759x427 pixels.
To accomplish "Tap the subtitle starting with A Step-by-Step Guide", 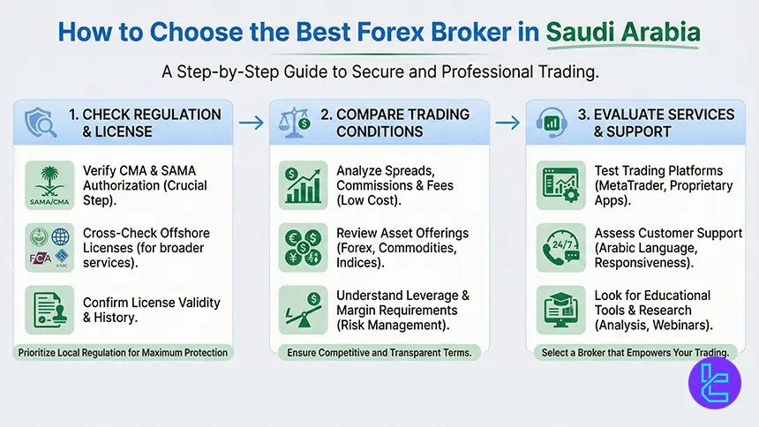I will [379, 71].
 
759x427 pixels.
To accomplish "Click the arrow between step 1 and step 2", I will [252, 123].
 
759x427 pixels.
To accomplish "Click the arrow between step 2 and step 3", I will [508, 123].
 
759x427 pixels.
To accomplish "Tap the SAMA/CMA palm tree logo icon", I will [49, 184].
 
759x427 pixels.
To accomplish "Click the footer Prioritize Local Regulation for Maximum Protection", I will [123, 353].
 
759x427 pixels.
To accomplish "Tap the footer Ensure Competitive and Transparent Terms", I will [379, 353].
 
